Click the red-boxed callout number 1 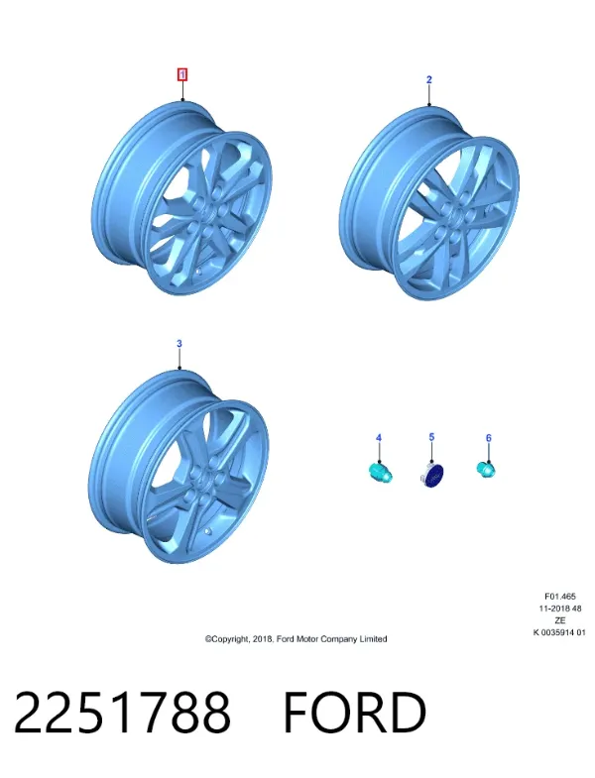point(182,75)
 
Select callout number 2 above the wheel point(429,79)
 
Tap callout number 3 point(179,343)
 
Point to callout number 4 point(379,438)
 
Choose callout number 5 point(431,437)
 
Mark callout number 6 point(488,438)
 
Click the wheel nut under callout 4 point(381,472)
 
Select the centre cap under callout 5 point(431,476)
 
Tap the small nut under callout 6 point(485,469)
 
